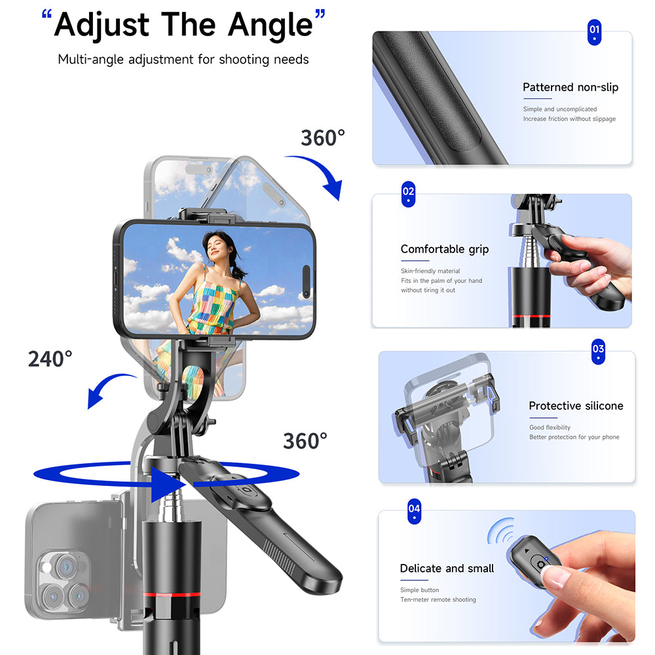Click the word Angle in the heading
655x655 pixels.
tap(270, 24)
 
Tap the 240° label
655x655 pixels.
tap(50, 359)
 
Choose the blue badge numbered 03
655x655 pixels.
tap(598, 351)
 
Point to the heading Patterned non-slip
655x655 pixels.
tap(570, 87)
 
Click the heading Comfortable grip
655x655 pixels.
tap(444, 249)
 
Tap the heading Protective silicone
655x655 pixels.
tap(576, 406)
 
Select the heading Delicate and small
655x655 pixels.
tap(447, 569)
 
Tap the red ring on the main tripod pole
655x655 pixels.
tap(174, 594)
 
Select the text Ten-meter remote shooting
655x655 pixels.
tap(438, 600)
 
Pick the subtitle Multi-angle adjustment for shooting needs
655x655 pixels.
tap(183, 60)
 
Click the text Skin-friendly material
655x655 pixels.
tap(430, 271)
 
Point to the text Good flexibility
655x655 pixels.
tap(550, 428)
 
